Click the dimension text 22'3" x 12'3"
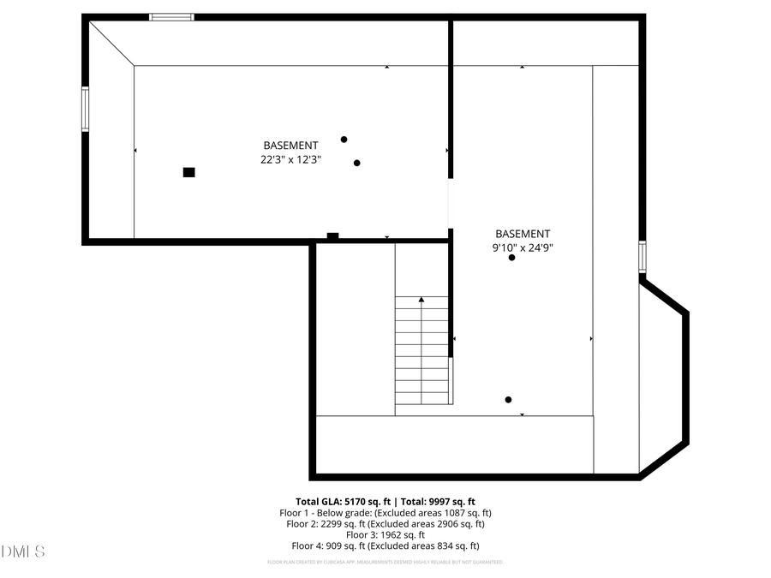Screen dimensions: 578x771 point(290,159)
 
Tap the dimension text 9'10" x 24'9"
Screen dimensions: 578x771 point(523,247)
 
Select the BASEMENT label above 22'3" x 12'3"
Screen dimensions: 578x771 point(290,146)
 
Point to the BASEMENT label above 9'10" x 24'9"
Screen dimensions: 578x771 point(523,234)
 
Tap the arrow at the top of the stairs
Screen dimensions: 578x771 point(421,300)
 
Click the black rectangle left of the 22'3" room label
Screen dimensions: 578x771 point(189,172)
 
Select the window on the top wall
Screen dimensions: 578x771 point(171,17)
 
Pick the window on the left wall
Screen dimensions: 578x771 point(85,109)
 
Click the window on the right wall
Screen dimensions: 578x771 point(642,257)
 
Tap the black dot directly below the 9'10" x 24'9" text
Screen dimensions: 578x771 point(512,258)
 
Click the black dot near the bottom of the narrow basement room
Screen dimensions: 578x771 point(508,399)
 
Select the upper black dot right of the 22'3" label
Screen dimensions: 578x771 point(344,140)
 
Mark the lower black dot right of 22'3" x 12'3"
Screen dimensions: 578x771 point(357,163)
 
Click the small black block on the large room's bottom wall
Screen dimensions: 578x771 point(332,236)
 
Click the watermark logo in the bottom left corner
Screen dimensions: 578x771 point(23,551)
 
